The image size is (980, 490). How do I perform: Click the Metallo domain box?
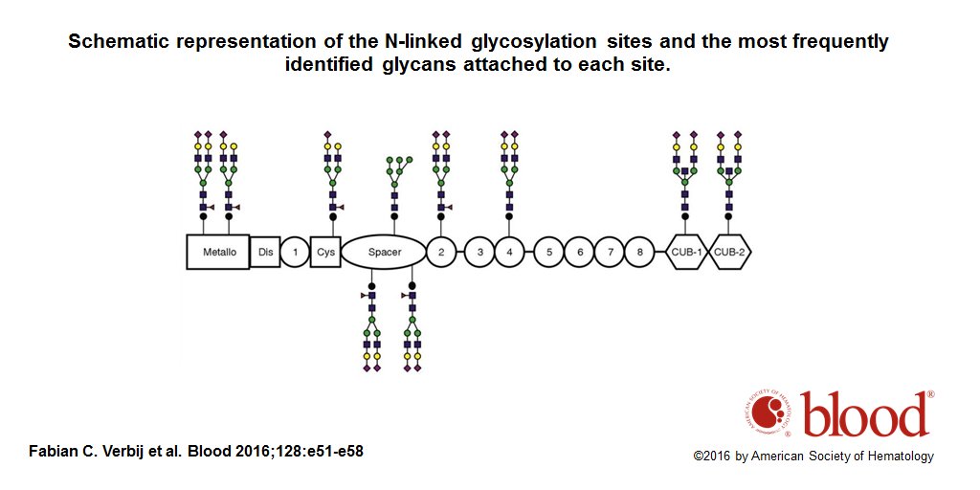(x=217, y=252)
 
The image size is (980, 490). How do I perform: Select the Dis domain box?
(x=265, y=252)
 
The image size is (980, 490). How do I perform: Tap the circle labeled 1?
(x=296, y=252)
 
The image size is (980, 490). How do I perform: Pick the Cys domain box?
(x=326, y=252)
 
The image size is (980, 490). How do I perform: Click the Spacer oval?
(x=384, y=252)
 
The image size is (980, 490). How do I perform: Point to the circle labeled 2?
(x=441, y=252)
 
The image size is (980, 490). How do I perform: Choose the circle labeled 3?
(x=480, y=252)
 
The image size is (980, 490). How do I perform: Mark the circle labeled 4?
(x=510, y=252)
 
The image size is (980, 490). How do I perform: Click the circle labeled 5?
(x=549, y=252)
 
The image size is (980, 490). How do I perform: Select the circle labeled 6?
(x=579, y=252)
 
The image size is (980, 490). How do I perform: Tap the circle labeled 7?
(x=610, y=252)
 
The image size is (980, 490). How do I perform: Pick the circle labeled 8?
(x=639, y=252)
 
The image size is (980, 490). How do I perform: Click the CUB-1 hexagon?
(x=685, y=252)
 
